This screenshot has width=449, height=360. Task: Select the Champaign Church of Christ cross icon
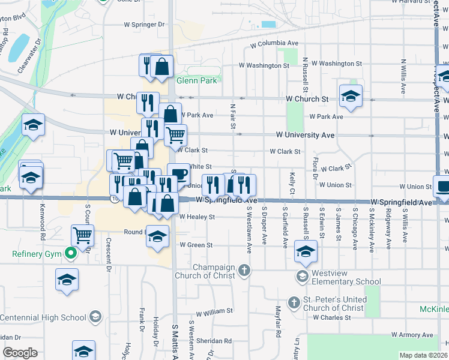pyautogui.click(x=244, y=271)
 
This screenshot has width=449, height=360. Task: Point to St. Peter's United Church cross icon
pyautogui.click(x=294, y=303)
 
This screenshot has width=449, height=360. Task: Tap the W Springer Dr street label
pyautogui.click(x=144, y=25)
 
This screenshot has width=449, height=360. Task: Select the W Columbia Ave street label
pyautogui.click(x=274, y=44)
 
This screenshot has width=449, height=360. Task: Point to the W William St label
pyautogui.click(x=214, y=311)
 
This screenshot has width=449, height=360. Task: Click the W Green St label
pyautogui.click(x=196, y=245)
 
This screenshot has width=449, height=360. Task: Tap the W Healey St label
pyautogui.click(x=197, y=217)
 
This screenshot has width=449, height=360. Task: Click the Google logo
pyautogui.click(x=20, y=352)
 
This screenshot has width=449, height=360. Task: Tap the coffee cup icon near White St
pyautogui.click(x=179, y=175)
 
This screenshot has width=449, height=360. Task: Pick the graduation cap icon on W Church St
pyautogui.click(x=351, y=95)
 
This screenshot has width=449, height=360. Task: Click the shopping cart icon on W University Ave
pyautogui.click(x=175, y=135)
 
